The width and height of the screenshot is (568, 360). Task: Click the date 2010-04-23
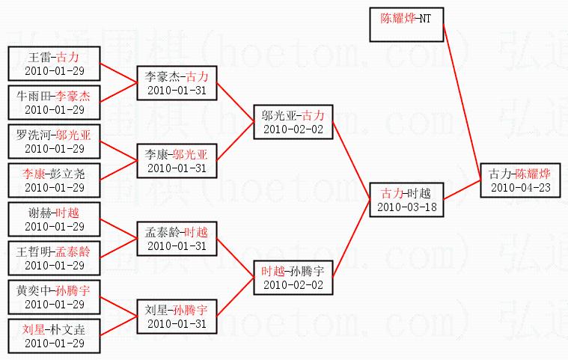pos(520,186)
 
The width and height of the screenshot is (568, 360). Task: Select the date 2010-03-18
pos(406,206)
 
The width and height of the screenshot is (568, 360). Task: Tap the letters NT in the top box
pos(425,17)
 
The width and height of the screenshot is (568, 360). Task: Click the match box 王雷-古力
pos(53,63)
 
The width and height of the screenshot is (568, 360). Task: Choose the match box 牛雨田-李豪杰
pos(53,102)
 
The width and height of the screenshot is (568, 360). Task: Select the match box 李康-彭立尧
pos(53,180)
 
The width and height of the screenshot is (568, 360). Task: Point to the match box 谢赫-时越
pos(53,219)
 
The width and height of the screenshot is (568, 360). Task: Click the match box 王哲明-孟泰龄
pos(53,257)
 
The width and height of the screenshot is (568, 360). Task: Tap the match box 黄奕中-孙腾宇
pos(53,296)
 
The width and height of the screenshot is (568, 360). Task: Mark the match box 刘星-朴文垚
pos(53,335)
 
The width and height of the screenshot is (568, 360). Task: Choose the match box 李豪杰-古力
pos(177,82)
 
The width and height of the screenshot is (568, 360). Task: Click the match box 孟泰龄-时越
pos(177,238)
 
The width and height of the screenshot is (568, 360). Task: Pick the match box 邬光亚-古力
pos(293,121)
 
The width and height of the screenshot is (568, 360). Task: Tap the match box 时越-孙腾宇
pos(293,277)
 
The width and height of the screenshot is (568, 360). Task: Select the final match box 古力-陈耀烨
pos(520,180)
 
